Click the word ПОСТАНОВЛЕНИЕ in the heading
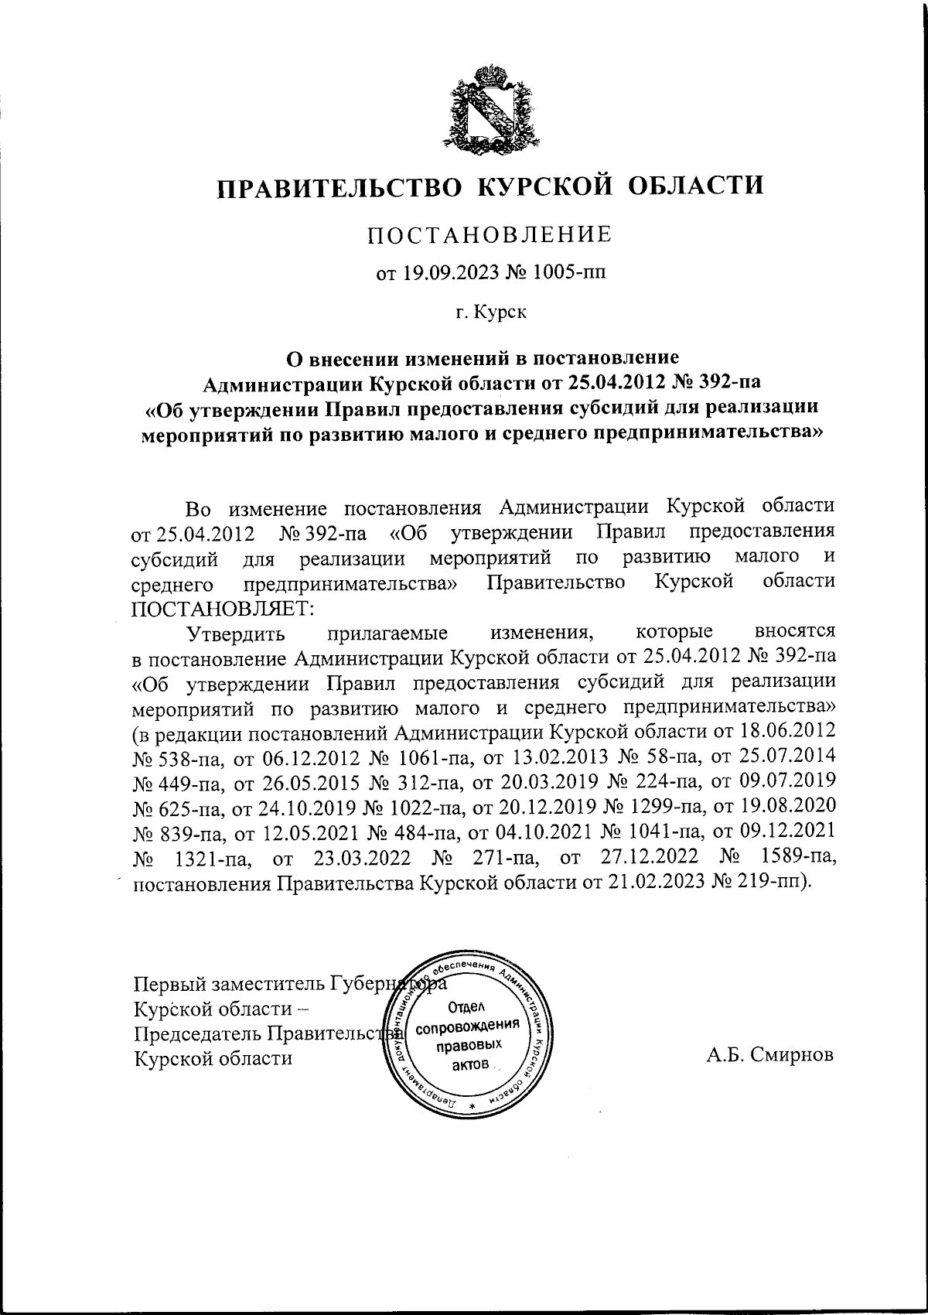pos(490,234)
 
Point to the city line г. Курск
pos(490,313)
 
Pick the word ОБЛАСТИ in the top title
pos(694,186)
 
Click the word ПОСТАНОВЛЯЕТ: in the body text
pos(223,608)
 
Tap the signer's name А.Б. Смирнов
pos(770,1057)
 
